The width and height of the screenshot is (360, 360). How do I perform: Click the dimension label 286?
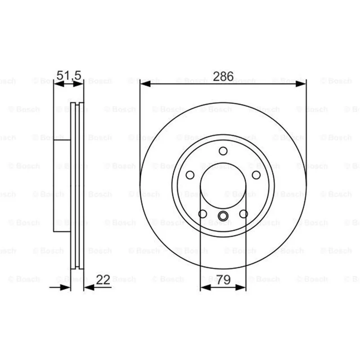(x=223, y=76)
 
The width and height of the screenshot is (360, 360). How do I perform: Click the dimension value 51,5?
(x=69, y=75)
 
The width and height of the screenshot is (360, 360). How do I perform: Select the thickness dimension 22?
(x=103, y=279)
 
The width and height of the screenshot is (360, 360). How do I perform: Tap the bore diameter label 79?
(x=223, y=279)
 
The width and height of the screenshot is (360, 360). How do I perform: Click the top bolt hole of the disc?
(x=223, y=151)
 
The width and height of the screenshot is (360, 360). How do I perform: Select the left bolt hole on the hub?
(x=190, y=175)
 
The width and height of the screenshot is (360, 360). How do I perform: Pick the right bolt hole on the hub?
(x=256, y=175)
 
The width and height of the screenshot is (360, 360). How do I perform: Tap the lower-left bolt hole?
(x=202, y=214)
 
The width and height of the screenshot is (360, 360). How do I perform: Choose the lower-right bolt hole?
(x=243, y=214)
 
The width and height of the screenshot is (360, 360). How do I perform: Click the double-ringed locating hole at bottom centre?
(x=223, y=216)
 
